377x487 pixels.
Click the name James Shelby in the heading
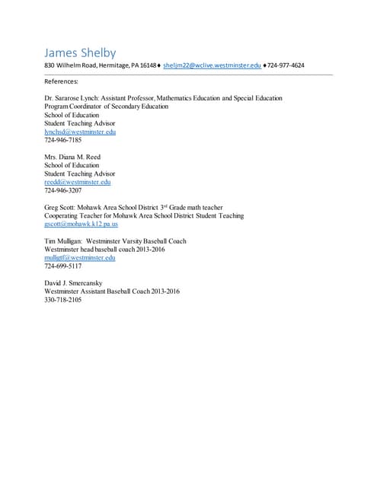pyautogui.click(x=80, y=53)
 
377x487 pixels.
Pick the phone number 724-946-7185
pyautogui.click(x=63, y=140)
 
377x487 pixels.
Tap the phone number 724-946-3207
pyautogui.click(x=63, y=190)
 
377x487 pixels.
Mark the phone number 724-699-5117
pyautogui.click(x=63, y=266)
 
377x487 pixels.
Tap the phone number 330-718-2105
pyautogui.click(x=63, y=300)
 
